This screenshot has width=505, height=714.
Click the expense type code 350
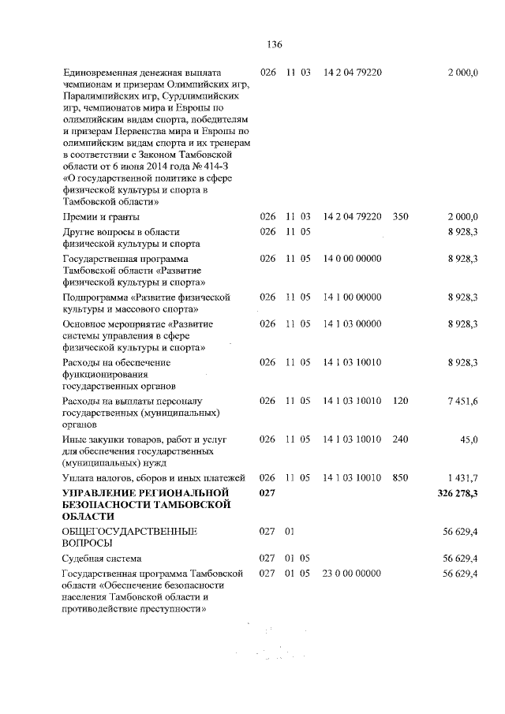(x=400, y=216)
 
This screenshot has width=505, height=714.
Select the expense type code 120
(x=400, y=402)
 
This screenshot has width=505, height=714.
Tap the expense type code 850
(x=400, y=477)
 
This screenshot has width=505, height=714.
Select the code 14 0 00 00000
(x=353, y=258)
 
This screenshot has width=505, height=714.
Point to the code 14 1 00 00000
(x=353, y=297)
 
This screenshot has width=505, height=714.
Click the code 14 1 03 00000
(x=353, y=323)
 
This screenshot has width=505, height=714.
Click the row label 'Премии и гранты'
(x=101, y=216)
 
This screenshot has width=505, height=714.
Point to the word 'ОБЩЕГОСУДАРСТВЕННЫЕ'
(x=129, y=532)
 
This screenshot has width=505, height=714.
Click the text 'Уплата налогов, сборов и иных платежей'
(x=155, y=478)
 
